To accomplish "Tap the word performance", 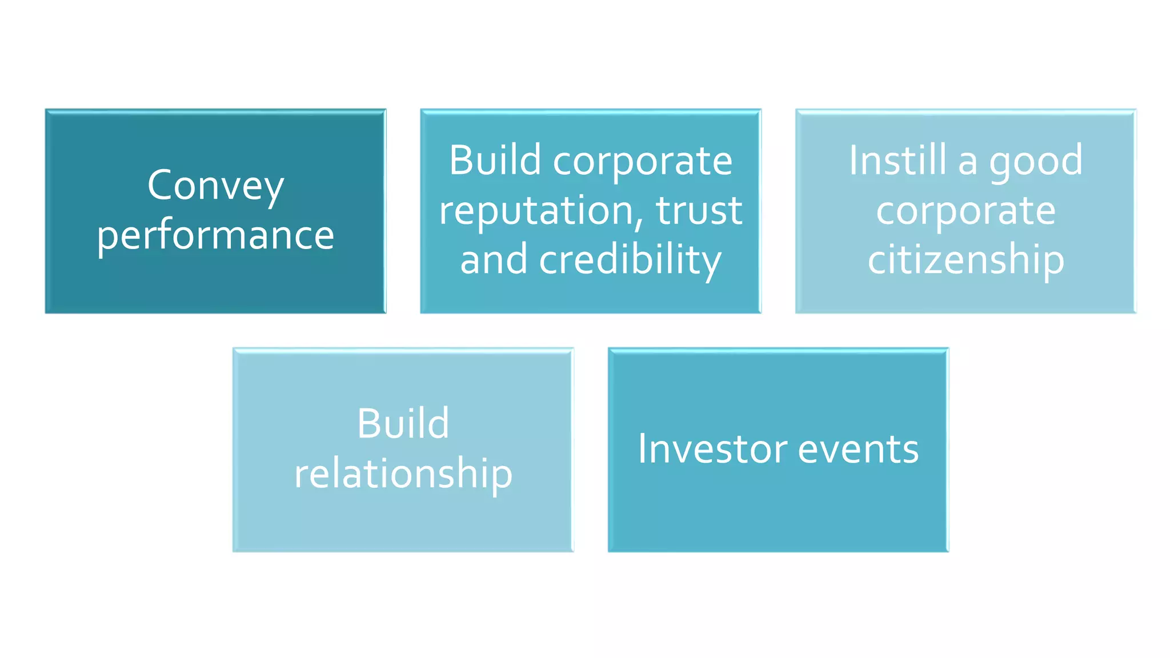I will tap(215, 235).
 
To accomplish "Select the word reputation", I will tap(536, 210).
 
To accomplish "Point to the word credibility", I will tap(630, 260).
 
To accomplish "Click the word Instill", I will tap(897, 161).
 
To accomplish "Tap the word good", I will tap(1035, 162).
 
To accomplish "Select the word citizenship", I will tap(965, 260).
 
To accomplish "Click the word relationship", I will tap(403, 474).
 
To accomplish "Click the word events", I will tap(858, 449).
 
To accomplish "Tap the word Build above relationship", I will tap(403, 424).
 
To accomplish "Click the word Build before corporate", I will tap(495, 161).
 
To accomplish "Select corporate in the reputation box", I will tap(642, 162).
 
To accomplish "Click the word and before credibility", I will tap(494, 260).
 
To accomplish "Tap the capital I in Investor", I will tap(642, 449).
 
